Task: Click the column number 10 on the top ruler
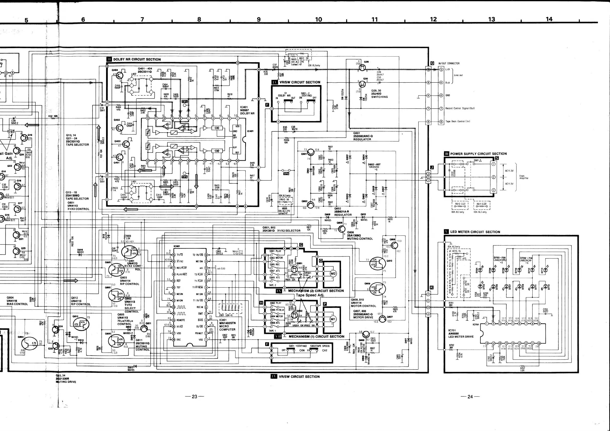pyautogui.click(x=318, y=19)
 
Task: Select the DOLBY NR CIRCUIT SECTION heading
pyautogui.click(x=137, y=59)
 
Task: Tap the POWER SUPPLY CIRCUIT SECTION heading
pyautogui.click(x=478, y=154)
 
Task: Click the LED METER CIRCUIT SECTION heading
pyautogui.click(x=475, y=232)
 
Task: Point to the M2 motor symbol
pyautogui.click(x=333, y=274)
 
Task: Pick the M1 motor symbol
pyautogui.click(x=333, y=319)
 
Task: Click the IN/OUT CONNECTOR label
pyautogui.click(x=449, y=63)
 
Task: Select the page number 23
pyautogui.click(x=194, y=396)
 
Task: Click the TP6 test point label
pyautogui.click(x=286, y=174)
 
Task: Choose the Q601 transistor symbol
pyautogui.click(x=310, y=154)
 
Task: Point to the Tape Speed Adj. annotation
pyautogui.click(x=310, y=295)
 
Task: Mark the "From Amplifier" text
pyautogui.click(x=524, y=177)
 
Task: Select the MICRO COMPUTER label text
pyautogui.click(x=227, y=328)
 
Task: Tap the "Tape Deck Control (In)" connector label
pyautogui.click(x=458, y=122)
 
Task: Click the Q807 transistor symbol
pyautogui.click(x=382, y=319)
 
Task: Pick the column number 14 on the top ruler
pyautogui.click(x=549, y=19)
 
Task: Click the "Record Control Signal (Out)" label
pyautogui.click(x=460, y=108)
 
